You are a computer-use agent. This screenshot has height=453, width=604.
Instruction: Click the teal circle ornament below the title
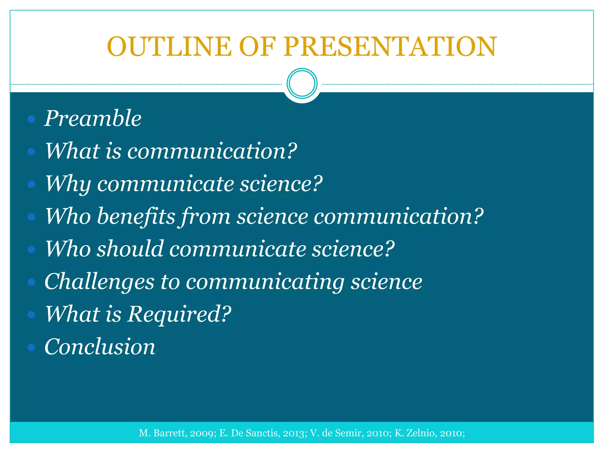point(302,83)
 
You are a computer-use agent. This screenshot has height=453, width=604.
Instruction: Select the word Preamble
point(93,119)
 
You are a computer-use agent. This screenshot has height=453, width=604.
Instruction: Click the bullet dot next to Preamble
point(31,119)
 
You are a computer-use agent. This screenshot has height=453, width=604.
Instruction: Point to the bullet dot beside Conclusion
point(31,347)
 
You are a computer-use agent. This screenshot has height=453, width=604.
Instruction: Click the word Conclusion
point(100,347)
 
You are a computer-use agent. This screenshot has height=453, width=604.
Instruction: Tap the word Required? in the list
point(179,314)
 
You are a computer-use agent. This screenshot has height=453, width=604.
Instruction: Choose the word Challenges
point(99,282)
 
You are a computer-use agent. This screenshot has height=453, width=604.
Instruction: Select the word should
point(130,249)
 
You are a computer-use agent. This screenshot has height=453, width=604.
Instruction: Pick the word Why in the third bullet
point(68,184)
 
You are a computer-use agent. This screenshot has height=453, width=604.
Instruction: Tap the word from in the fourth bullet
point(206,217)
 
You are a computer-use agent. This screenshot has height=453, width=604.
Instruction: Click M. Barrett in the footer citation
point(162,433)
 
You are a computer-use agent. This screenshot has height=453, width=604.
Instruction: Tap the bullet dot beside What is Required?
point(31,315)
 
